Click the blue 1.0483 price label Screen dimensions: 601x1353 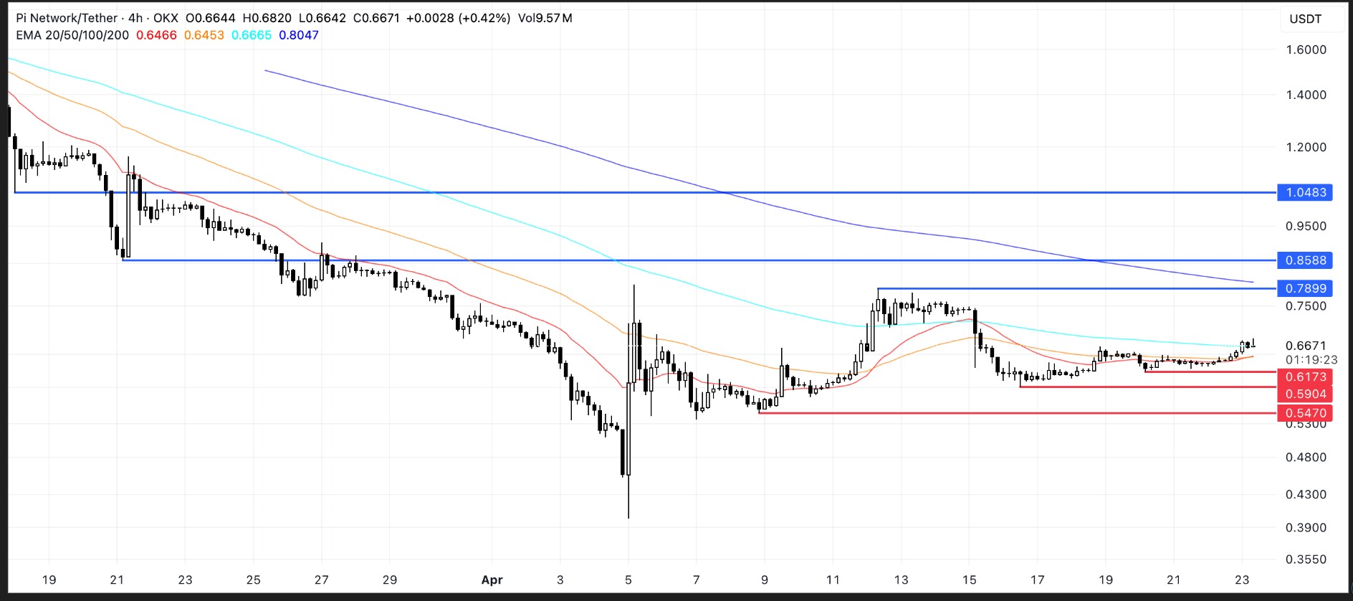(x=1305, y=192)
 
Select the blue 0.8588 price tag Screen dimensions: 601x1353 (x=1305, y=260)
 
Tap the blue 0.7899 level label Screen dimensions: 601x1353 (x=1305, y=288)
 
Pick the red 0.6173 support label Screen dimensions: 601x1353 (x=1305, y=377)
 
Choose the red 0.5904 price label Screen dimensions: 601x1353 (x=1305, y=394)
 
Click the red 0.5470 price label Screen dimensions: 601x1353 (x=1305, y=413)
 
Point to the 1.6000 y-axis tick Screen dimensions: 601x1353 (x=1306, y=49)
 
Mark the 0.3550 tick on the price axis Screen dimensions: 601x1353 (x=1306, y=559)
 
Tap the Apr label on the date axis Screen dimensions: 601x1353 (x=492, y=580)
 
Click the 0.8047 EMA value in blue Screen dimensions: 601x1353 (x=299, y=35)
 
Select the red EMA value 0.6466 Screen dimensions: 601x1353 (x=156, y=35)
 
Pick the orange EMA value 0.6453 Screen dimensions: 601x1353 (x=204, y=35)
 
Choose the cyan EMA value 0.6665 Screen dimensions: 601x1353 (x=252, y=35)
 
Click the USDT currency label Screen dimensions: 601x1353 (x=1305, y=19)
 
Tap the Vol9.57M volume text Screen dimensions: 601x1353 (x=545, y=18)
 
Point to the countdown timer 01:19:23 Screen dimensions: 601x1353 (x=1311, y=360)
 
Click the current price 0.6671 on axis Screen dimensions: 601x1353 (x=1306, y=346)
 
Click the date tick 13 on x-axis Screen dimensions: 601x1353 (x=901, y=580)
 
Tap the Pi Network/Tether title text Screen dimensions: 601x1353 (x=67, y=18)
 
